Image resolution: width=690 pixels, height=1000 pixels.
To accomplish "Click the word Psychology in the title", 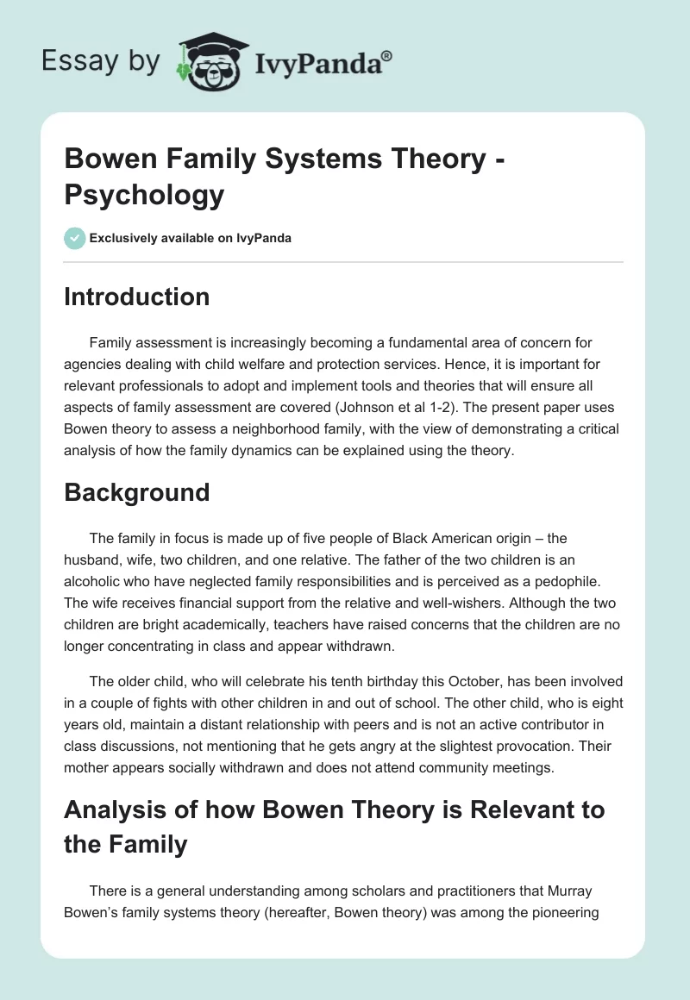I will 143,194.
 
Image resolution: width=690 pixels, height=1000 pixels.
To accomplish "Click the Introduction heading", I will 136,297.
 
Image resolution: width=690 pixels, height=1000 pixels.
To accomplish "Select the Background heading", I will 136,492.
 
